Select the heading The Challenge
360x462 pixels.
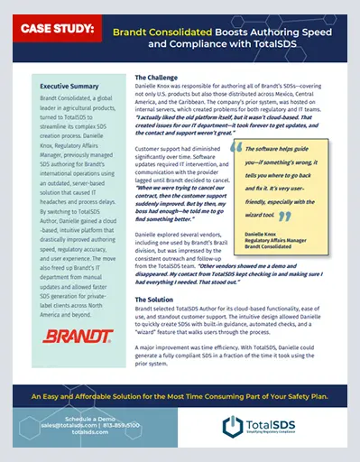156,78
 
